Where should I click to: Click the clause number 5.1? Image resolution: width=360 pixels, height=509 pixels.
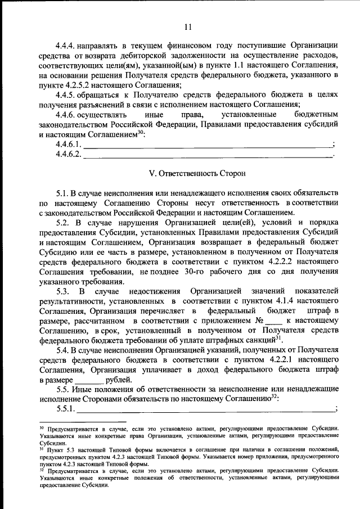click(62, 193)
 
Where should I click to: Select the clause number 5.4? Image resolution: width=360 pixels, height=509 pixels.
click(62, 350)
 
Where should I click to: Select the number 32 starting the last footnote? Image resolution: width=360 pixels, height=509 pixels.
click(42, 469)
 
